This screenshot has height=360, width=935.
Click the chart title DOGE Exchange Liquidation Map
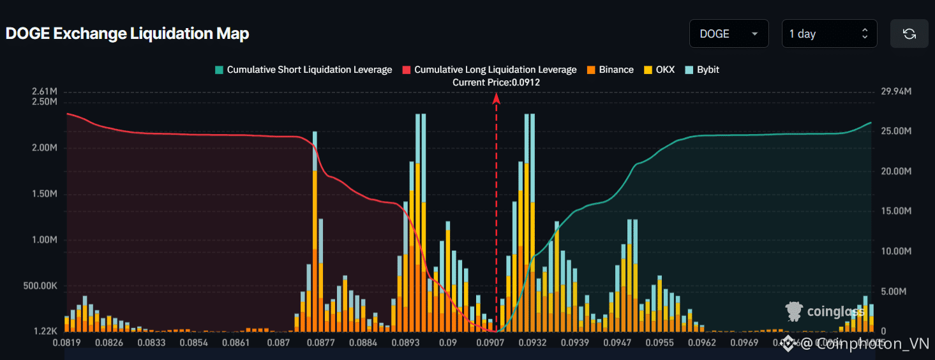click(x=127, y=34)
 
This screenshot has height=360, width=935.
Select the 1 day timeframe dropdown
click(x=829, y=34)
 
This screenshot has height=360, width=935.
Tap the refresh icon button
click(x=909, y=34)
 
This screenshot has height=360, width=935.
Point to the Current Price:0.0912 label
click(x=496, y=82)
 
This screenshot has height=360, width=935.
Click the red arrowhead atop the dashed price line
click(x=496, y=97)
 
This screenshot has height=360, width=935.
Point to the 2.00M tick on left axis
click(x=44, y=148)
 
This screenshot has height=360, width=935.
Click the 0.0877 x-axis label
click(x=320, y=343)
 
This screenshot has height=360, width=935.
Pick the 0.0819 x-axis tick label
click(x=66, y=343)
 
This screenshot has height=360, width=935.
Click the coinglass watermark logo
click(x=826, y=311)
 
